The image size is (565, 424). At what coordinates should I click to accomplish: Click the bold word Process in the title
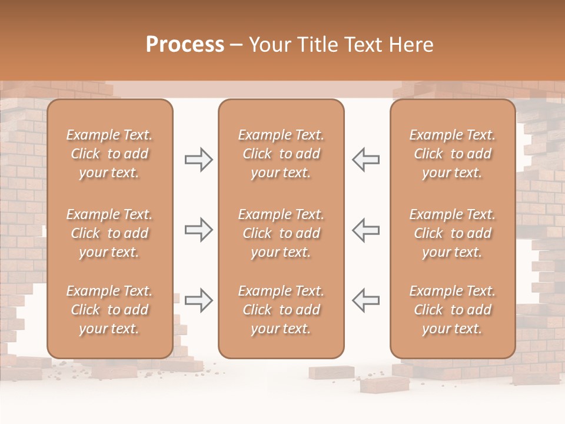[x=185, y=45]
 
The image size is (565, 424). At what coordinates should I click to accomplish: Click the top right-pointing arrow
[x=198, y=160]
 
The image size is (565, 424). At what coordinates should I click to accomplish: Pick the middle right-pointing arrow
[x=198, y=230]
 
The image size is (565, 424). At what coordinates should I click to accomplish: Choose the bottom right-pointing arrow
[x=198, y=300]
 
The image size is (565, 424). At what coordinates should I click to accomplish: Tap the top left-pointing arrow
[x=365, y=160]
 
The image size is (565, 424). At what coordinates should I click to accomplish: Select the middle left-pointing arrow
[x=365, y=230]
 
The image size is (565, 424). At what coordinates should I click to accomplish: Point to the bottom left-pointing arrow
[x=365, y=300]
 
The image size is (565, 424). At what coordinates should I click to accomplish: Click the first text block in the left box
[x=109, y=154]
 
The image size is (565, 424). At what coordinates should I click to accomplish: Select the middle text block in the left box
[x=109, y=233]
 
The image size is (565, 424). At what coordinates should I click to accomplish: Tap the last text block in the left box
[x=109, y=310]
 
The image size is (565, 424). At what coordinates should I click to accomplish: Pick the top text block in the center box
[x=281, y=154]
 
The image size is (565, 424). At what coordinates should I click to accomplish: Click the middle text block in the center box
[x=281, y=233]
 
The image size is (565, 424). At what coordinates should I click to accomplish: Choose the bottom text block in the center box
[x=281, y=310]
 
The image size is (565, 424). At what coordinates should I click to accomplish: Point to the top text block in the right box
[x=453, y=154]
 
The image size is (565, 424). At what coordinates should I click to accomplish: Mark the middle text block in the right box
[x=453, y=233]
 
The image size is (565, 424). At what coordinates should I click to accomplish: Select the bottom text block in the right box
[x=453, y=310]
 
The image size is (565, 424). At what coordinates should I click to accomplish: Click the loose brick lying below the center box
[x=384, y=384]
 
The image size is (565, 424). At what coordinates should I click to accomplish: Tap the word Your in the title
[x=271, y=45]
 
